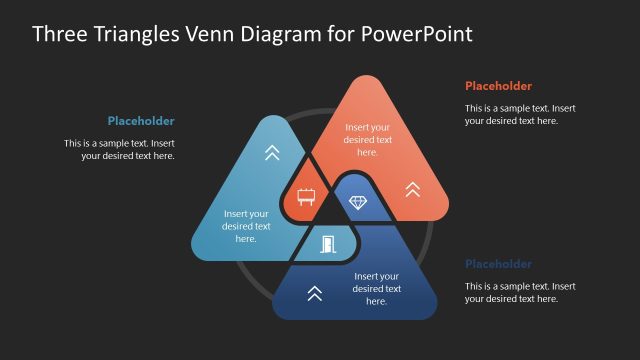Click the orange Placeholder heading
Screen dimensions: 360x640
click(x=498, y=86)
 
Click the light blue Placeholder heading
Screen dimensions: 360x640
click(x=141, y=121)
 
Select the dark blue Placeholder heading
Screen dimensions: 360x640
click(x=498, y=264)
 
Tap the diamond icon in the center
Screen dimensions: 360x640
click(x=358, y=203)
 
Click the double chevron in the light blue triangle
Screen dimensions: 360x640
click(x=271, y=153)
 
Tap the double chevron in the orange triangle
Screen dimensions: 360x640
click(x=412, y=188)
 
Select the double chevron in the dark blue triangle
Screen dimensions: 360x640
click(x=314, y=293)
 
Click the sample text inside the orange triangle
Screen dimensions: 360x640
click(x=367, y=140)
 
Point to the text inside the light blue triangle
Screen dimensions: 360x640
click(x=246, y=226)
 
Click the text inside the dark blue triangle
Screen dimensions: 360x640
click(x=376, y=288)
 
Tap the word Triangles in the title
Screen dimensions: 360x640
click(x=131, y=34)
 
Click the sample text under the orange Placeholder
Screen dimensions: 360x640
click(x=519, y=114)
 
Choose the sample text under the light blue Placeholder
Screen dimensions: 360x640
click(x=119, y=149)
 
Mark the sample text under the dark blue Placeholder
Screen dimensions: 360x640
click(x=519, y=292)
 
